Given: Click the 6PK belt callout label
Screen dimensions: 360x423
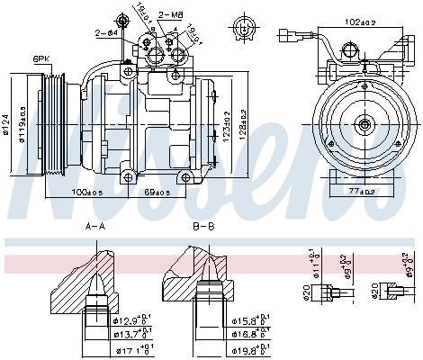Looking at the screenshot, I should [x=41, y=58].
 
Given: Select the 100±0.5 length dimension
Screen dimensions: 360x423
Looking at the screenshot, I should [x=88, y=192].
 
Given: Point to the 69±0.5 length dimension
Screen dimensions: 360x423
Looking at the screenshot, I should [x=157, y=192].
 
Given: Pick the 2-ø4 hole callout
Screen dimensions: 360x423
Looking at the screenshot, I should [x=107, y=32].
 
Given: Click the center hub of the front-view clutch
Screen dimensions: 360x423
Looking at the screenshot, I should [x=363, y=125].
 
